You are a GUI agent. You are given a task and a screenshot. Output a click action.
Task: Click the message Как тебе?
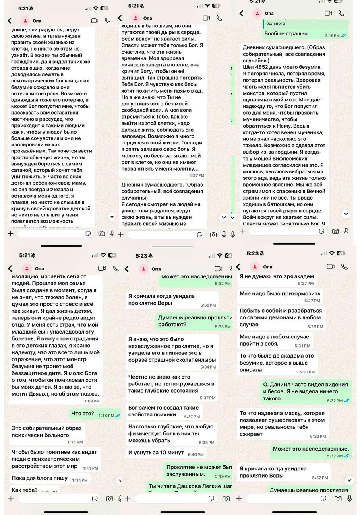(x=25, y=490)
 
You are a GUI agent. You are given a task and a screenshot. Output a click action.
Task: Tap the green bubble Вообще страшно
(x=286, y=33)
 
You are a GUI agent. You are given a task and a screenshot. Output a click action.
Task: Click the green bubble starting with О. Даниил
(x=305, y=391)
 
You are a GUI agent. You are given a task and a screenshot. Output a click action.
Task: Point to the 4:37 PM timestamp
(x=197, y=175)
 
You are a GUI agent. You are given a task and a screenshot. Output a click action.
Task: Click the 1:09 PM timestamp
(x=91, y=401)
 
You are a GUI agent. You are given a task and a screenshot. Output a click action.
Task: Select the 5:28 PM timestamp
(x=314, y=327)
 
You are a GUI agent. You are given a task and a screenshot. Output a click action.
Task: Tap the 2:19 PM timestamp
(x=332, y=35)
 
